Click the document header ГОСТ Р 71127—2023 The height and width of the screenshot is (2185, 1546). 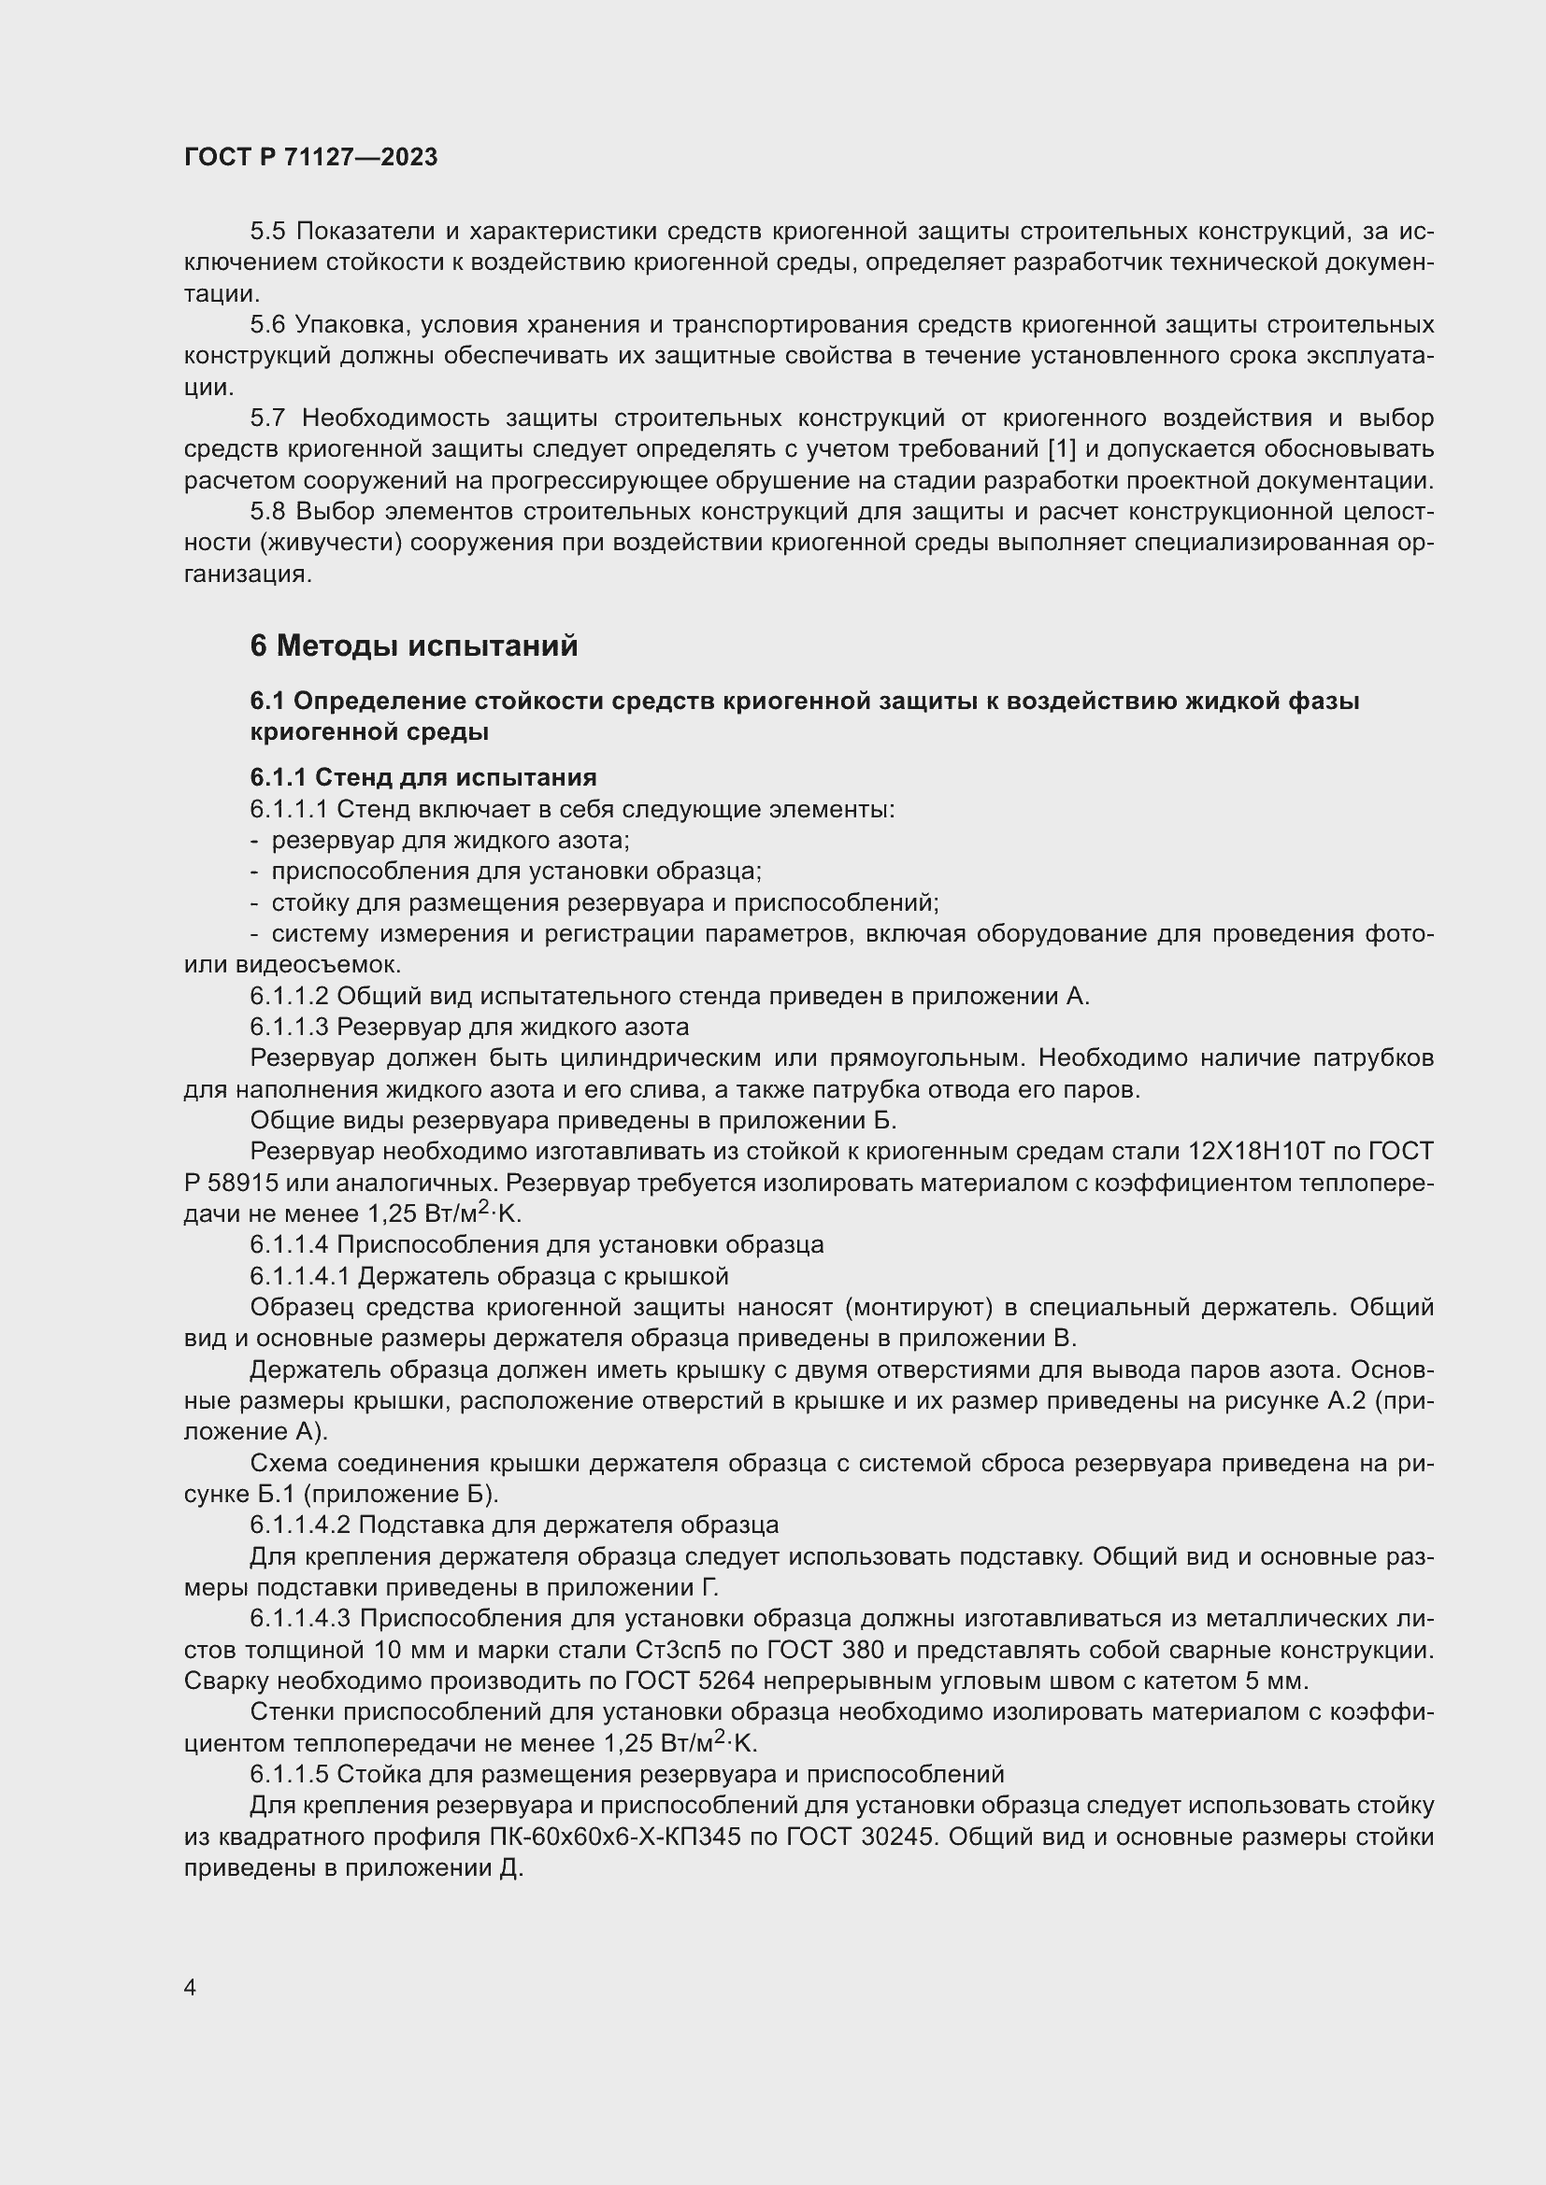pyautogui.click(x=310, y=157)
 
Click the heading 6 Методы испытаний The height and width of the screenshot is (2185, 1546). pyautogui.click(x=413, y=646)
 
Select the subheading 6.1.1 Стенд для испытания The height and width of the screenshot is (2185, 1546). pyautogui.click(x=422, y=777)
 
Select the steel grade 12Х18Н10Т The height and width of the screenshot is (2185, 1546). pyautogui.click(x=1256, y=1152)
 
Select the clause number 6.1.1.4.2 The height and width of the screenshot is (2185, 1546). pyautogui.click(x=301, y=1525)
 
